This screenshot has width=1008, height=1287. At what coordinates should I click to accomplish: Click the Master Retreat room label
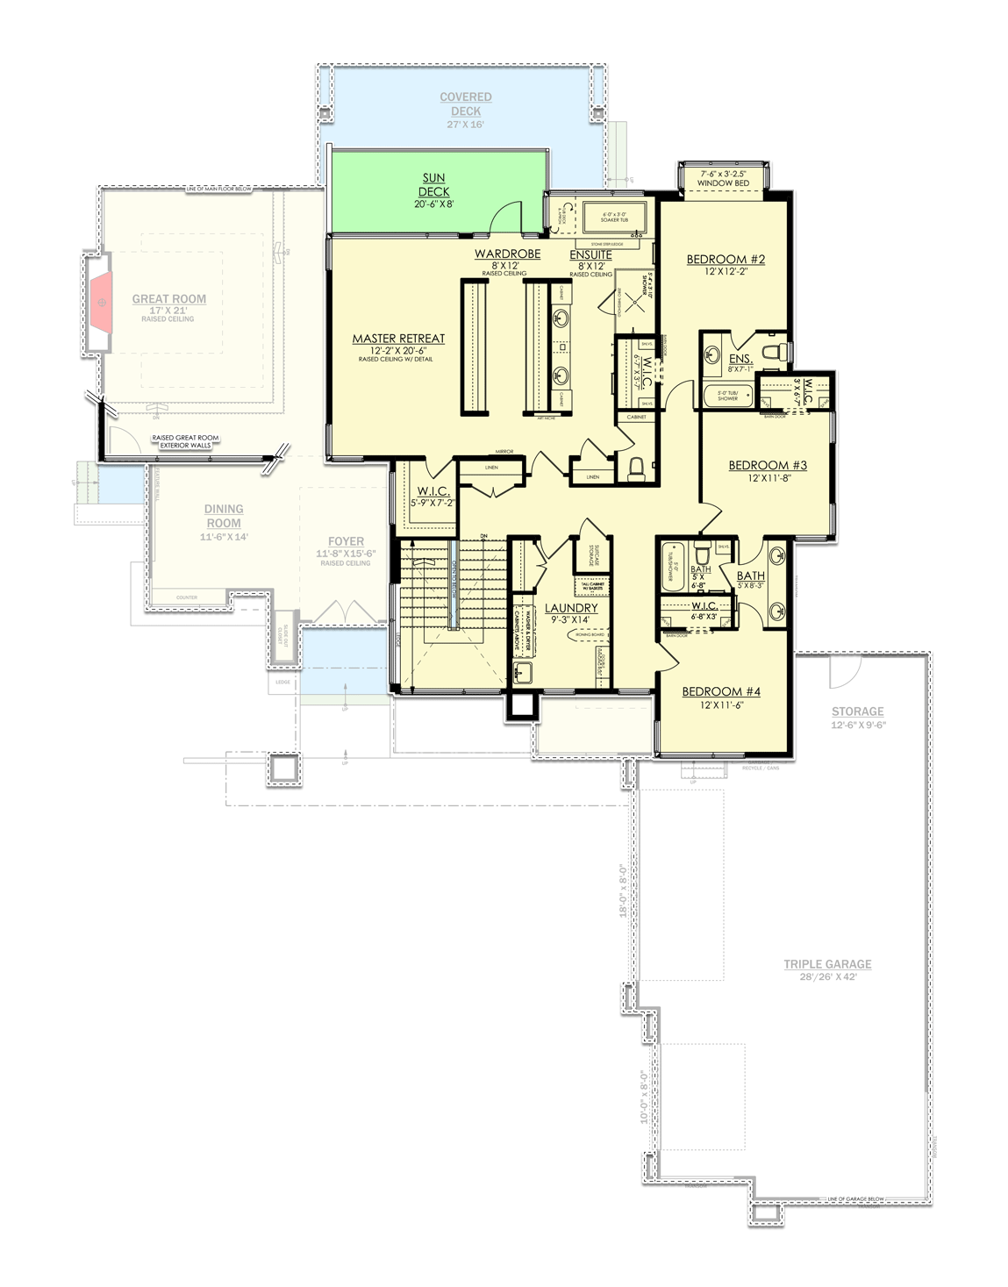[398, 339]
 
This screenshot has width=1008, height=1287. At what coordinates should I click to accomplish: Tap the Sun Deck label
[433, 185]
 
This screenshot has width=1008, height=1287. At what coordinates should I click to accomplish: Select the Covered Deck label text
[466, 104]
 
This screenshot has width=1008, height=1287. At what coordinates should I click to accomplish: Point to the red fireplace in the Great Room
[101, 303]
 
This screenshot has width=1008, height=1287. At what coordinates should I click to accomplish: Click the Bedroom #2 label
[726, 260]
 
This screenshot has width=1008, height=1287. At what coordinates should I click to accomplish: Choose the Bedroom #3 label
[768, 466]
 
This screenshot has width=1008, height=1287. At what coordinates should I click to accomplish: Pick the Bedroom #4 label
[721, 692]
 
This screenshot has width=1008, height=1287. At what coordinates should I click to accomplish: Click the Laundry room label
[571, 608]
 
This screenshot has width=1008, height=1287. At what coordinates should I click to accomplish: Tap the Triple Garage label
[827, 964]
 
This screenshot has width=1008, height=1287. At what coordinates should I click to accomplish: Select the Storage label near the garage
[857, 712]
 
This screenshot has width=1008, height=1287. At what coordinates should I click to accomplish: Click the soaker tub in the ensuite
[614, 218]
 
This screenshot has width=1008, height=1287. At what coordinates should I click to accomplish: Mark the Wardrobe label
[507, 254]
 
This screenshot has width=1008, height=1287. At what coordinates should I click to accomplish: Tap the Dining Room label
[224, 516]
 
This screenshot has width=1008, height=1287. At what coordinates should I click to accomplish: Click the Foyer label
[346, 542]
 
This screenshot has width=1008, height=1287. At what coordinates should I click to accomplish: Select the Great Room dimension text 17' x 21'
[168, 311]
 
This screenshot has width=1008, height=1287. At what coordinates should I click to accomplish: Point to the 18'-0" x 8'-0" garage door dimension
[625, 890]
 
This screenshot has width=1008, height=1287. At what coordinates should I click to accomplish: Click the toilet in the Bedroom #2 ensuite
[772, 353]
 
